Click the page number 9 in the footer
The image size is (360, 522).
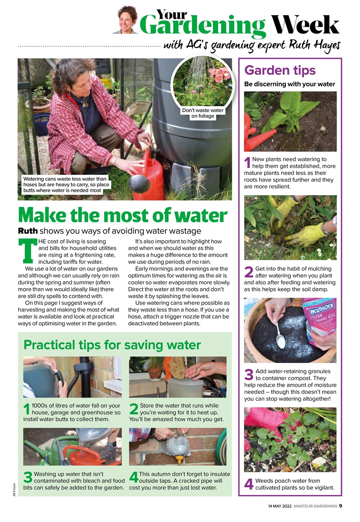tap(340, 506)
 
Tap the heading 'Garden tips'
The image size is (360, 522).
tap(280, 70)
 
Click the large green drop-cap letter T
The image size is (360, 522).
tap(27, 250)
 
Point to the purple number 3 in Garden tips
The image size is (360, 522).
tap(249, 375)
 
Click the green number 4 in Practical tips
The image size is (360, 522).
tap(134, 478)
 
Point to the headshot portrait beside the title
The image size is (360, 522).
tap(128, 20)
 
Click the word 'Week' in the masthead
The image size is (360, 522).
tap(305, 25)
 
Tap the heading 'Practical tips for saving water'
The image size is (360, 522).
tap(112, 345)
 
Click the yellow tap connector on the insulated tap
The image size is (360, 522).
tap(178, 460)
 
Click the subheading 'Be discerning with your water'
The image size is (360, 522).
tap(289, 84)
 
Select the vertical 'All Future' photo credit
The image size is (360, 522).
tap(14, 489)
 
